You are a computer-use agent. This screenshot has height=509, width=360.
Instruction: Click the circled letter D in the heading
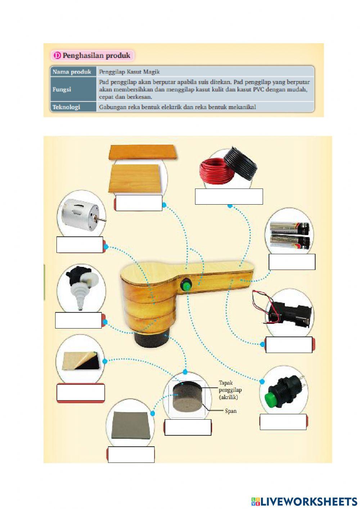(x=57, y=55)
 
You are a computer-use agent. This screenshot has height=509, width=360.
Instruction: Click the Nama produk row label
(x=72, y=72)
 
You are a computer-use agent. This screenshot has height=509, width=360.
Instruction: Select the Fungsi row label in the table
(x=62, y=89)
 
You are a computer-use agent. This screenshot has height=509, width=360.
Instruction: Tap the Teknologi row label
(x=66, y=107)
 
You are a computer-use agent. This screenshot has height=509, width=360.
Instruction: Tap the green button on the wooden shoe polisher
(x=186, y=286)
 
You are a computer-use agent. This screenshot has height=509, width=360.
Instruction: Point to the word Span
(x=231, y=411)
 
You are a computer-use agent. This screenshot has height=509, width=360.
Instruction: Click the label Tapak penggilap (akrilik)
(x=230, y=390)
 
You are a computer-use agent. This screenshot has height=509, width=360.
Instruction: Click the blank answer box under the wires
(x=229, y=196)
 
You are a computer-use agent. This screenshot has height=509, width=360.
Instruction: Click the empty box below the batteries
(x=292, y=262)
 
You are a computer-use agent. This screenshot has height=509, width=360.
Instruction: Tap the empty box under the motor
(x=80, y=245)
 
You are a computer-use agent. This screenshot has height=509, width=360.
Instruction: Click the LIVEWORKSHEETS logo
(x=304, y=501)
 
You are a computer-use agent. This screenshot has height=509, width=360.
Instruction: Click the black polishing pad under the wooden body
(x=150, y=339)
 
